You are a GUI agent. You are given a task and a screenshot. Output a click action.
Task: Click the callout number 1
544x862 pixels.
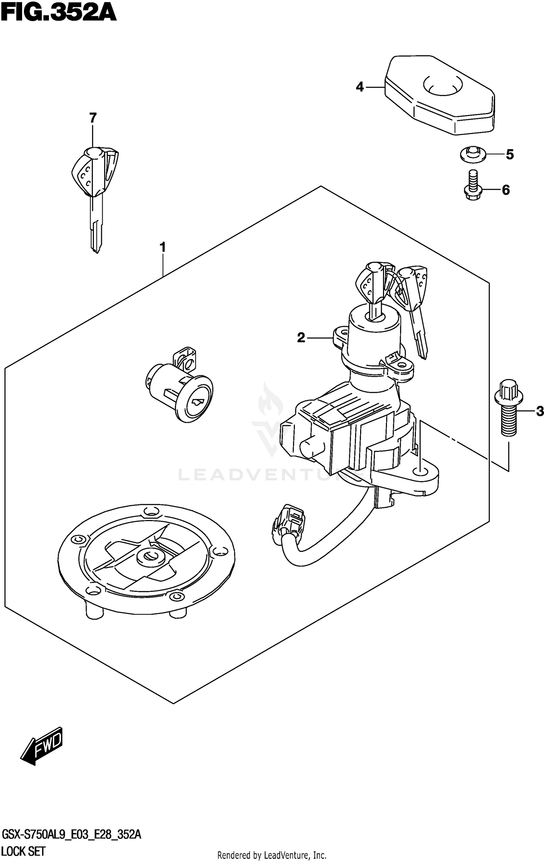(163, 247)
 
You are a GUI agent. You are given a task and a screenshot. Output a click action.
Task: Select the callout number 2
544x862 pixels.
(301, 338)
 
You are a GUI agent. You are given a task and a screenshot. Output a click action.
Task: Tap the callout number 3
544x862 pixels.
(540, 411)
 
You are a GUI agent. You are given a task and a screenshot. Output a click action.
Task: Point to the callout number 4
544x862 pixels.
(359, 87)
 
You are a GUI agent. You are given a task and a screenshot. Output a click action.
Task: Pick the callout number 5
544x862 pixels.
(510, 155)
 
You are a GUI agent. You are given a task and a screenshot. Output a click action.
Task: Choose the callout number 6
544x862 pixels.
(506, 190)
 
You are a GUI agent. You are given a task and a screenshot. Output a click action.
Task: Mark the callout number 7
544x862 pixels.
(93, 118)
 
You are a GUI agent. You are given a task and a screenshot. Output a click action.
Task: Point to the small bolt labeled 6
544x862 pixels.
(473, 186)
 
